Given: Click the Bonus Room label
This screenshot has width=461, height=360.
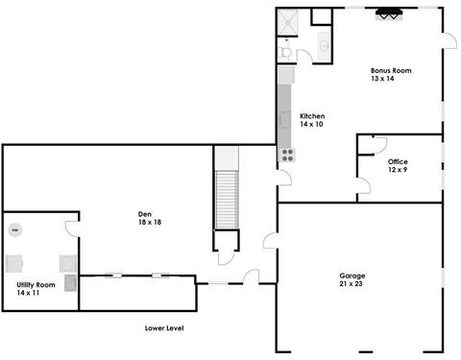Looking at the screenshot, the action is coord(391,70).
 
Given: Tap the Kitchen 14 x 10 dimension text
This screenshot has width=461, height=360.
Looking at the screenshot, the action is coord(311,124).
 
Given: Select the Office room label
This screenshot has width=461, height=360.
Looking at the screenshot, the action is coord(398,161).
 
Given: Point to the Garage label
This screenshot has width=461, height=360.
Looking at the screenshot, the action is coord(352,276).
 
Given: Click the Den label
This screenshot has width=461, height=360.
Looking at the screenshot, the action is coord(145,214).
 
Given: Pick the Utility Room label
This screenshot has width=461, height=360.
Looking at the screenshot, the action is coord(36,285).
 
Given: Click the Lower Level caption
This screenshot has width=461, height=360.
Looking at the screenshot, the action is coord(164,328).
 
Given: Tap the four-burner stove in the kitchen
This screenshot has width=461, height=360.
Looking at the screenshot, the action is coord(287,155).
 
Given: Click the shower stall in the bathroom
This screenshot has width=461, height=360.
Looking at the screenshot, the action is coord(287,22).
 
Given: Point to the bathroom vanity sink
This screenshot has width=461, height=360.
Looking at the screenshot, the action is coord(324,46).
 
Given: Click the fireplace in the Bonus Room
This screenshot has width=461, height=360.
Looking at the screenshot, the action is coord(389,14).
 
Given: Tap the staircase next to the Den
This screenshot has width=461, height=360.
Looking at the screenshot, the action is coord(227,200).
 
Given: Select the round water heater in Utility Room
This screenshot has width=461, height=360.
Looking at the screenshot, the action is coord(15,229).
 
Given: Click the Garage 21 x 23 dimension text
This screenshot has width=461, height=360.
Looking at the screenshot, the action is coord(351,283).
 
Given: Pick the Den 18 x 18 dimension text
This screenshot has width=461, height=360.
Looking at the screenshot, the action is coord(150,222).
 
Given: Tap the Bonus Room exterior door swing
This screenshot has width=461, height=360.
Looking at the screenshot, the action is coord(450,40).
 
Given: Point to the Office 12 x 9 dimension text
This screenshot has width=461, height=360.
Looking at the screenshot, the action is coord(398,170).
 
